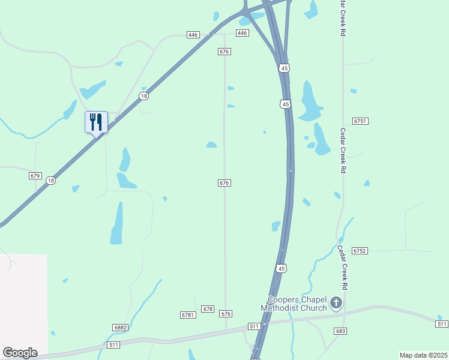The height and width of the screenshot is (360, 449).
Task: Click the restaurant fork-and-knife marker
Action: pyautogui.click(x=96, y=122)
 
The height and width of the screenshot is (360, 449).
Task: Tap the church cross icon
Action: pyautogui.click(x=336, y=303)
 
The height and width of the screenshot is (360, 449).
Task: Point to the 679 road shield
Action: pyautogui.click(x=35, y=176)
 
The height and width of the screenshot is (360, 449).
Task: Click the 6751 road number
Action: pyautogui.click(x=360, y=121)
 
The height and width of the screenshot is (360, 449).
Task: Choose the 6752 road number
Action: pyautogui.click(x=360, y=250)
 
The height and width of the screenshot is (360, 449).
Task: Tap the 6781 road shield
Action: pyautogui.click(x=188, y=314)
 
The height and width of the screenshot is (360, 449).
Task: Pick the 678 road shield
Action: pyautogui.click(x=208, y=309)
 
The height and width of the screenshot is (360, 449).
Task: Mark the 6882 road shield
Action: pyautogui.click(x=120, y=328)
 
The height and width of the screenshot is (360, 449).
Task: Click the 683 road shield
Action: pyautogui.click(x=341, y=331)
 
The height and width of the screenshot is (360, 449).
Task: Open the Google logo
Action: pyautogui.click(x=20, y=352)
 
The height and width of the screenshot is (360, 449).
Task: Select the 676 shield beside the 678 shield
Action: pyautogui.click(x=226, y=314)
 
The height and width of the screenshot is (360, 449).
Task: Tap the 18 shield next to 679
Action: pyautogui.click(x=51, y=180)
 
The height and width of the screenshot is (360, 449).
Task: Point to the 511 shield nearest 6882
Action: pyautogui.click(x=114, y=345)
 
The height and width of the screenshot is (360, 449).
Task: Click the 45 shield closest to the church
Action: pyautogui.click(x=282, y=268)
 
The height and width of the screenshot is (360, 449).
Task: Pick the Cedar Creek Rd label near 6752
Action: pyautogui.click(x=343, y=268)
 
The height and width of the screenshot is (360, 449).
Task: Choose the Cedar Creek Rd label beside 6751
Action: pyautogui.click(x=343, y=151)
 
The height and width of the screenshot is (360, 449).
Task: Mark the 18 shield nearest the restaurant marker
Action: pyautogui.click(x=143, y=96)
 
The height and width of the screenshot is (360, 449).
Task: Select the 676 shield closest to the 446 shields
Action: pyautogui.click(x=224, y=52)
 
